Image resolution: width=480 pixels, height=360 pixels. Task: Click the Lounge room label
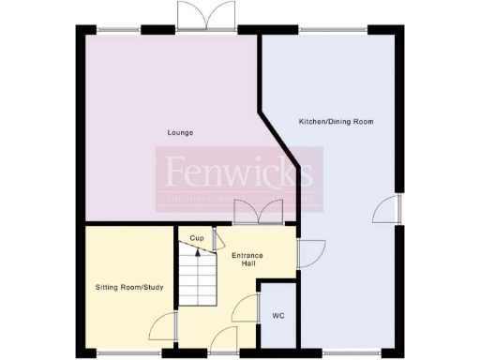point(181,132)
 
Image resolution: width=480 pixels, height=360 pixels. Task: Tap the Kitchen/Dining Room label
point(332,122)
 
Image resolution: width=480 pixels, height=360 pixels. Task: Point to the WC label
point(277,316)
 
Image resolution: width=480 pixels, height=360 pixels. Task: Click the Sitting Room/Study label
point(129,286)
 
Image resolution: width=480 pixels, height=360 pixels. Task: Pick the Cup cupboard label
point(197,238)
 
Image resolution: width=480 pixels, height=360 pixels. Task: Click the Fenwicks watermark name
point(239,172)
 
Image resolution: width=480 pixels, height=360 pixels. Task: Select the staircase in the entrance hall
point(198,280)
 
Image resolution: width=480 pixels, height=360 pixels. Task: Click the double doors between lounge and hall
point(258,212)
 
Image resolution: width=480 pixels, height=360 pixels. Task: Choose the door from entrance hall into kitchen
point(310,251)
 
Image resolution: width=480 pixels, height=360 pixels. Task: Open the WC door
point(247,307)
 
